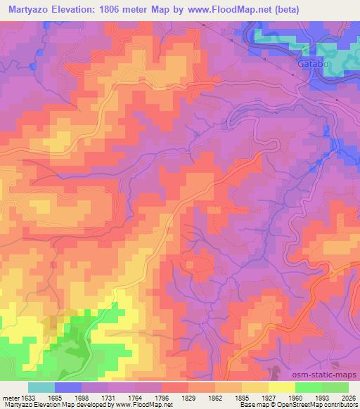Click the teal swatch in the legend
pyautogui.click(x=41, y=387)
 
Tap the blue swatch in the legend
pyautogui.click(x=69, y=387)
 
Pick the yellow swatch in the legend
pyautogui.click(x=281, y=387)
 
